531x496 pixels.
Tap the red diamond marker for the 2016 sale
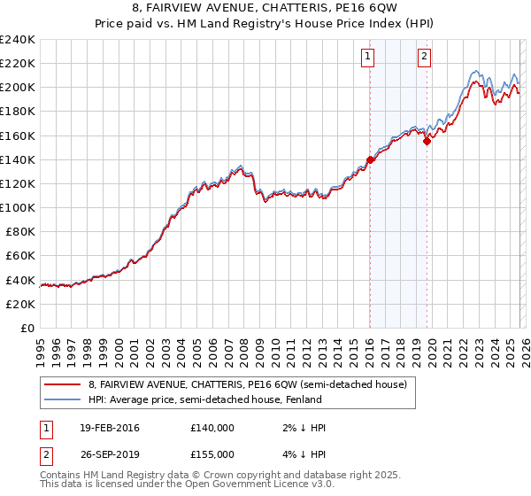click(x=370, y=160)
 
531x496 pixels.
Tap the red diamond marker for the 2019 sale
click(x=427, y=140)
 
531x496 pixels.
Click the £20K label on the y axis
click(x=21, y=304)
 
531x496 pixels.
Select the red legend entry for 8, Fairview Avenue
click(x=247, y=385)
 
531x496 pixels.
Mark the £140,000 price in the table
click(x=212, y=428)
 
